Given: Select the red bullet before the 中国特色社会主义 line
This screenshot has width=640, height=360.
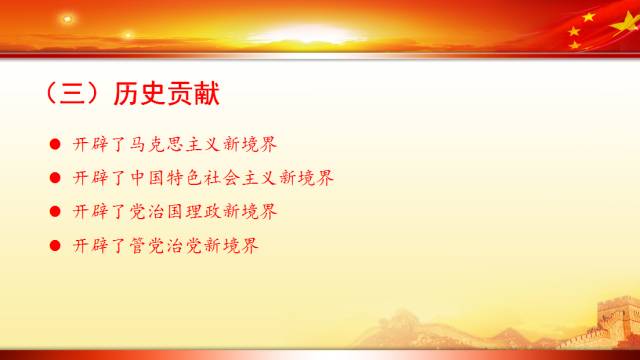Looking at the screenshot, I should click(x=55, y=178).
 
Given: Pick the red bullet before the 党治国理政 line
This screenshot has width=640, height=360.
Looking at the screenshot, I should click(x=55, y=212).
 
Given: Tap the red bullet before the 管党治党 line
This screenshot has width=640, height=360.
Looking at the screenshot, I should click(x=55, y=245).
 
